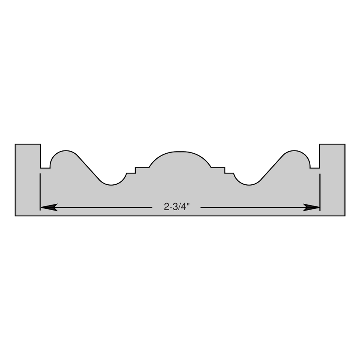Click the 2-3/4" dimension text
pos(177,207)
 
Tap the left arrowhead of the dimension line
pos(49,207)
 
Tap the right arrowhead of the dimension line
pos(311,207)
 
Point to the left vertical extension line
pos(40,192)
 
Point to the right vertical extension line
pos(320,192)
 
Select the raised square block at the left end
pos(28,156)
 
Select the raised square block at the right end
pos(332,156)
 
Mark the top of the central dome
pos(180,152)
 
